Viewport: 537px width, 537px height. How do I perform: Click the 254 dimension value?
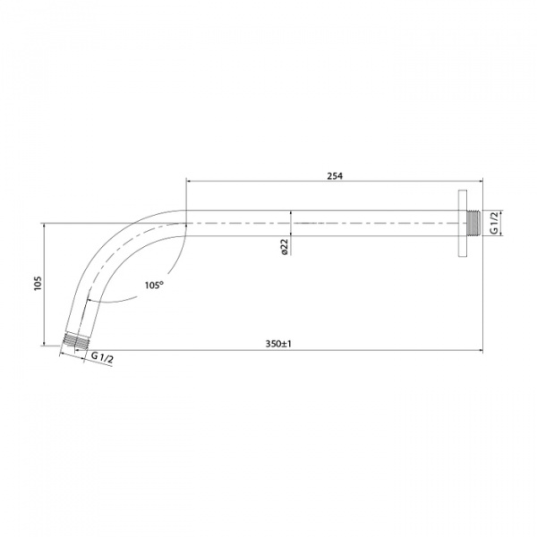(x=336, y=175)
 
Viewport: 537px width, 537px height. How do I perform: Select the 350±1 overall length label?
(x=280, y=343)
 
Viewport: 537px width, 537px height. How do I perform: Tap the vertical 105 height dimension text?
(x=37, y=284)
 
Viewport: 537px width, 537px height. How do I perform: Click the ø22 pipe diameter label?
(x=283, y=248)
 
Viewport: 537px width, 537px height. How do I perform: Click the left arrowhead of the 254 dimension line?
(x=189, y=182)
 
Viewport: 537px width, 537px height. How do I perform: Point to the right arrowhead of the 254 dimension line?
(x=479, y=182)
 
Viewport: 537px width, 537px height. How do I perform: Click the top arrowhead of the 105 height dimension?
(x=44, y=226)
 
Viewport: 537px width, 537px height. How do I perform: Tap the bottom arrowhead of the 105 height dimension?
(x=44, y=345)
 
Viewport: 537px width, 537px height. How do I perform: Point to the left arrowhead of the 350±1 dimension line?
(x=64, y=349)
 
